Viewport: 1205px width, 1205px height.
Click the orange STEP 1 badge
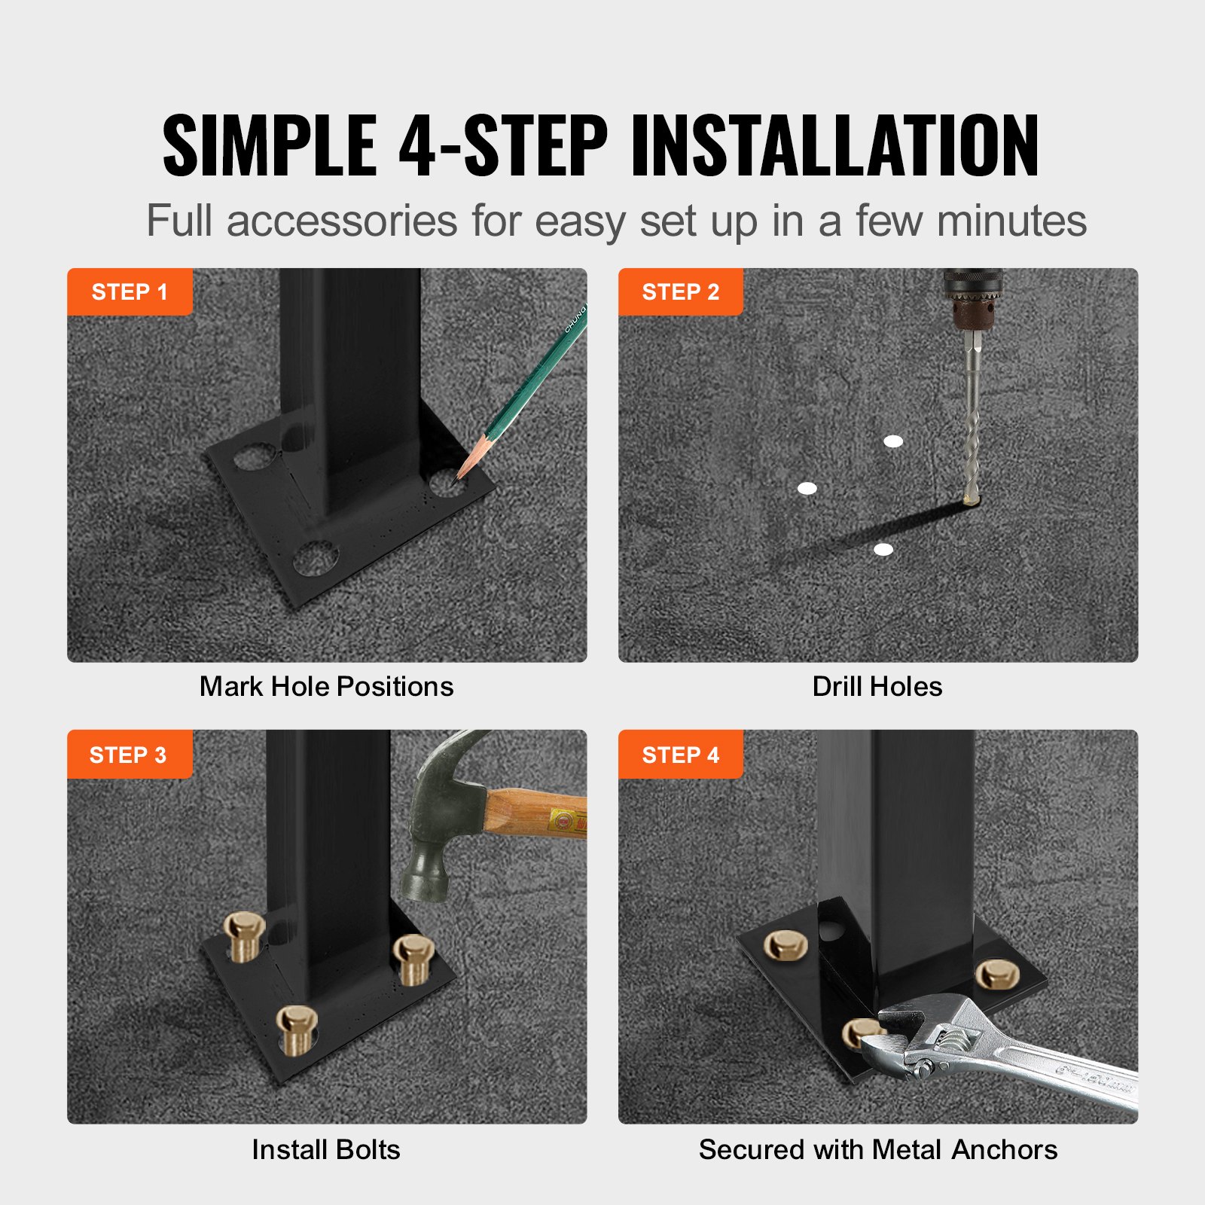pyautogui.click(x=129, y=291)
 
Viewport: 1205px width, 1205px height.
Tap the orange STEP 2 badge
pyautogui.click(x=680, y=291)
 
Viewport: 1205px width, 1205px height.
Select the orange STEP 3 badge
pyautogui.click(x=129, y=754)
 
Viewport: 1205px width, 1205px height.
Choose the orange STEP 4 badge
pyautogui.click(x=680, y=754)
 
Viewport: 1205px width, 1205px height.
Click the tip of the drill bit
pyautogui.click(x=971, y=499)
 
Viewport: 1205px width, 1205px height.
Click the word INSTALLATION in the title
pyautogui.click(x=834, y=145)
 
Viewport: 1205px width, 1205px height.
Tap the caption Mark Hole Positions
pyautogui.click(x=326, y=687)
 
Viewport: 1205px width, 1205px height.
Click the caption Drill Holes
pyautogui.click(x=877, y=687)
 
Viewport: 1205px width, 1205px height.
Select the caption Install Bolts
pyautogui.click(x=325, y=1150)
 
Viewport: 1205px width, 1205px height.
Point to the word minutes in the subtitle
pyautogui.click(x=1011, y=221)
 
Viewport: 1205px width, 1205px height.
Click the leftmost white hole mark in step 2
pyautogui.click(x=807, y=489)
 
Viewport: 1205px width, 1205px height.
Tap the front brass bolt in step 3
pyautogui.click(x=296, y=1028)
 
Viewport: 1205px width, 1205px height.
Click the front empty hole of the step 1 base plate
pyautogui.click(x=315, y=558)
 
